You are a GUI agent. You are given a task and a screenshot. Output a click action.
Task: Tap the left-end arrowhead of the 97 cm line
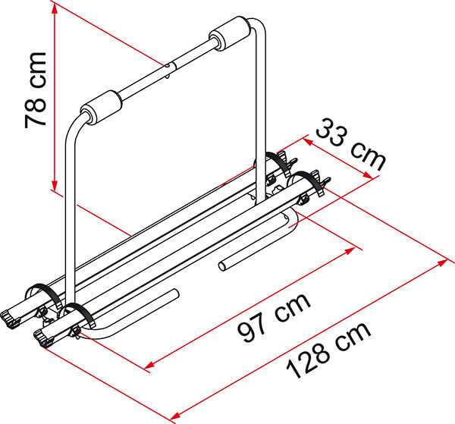tap(149, 366)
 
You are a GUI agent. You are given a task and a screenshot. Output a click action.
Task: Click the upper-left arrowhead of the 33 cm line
tap(308, 140)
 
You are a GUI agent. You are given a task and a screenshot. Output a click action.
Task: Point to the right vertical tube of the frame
tap(262, 114)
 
